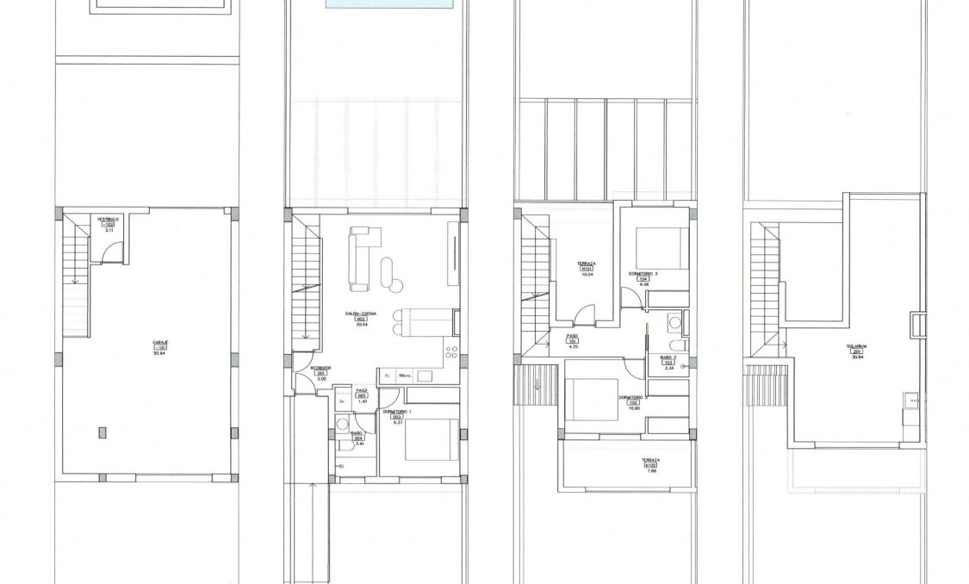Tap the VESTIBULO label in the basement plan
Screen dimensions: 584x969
pos(107,220)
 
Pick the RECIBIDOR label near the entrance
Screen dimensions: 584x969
pos(320,368)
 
